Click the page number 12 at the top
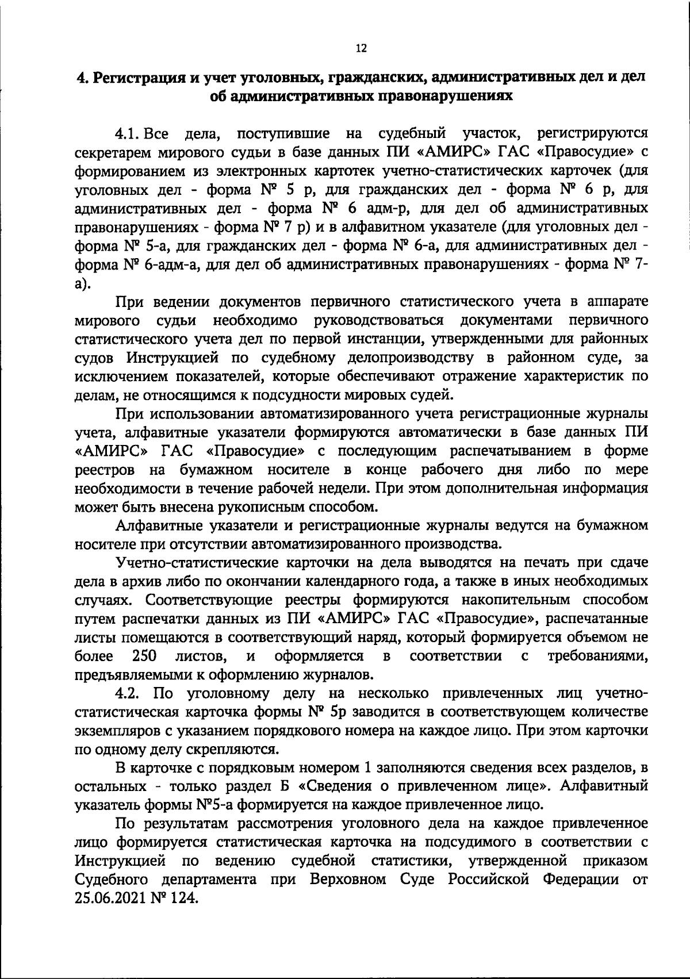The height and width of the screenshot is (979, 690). (x=361, y=49)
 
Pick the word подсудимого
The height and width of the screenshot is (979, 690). (x=486, y=842)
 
